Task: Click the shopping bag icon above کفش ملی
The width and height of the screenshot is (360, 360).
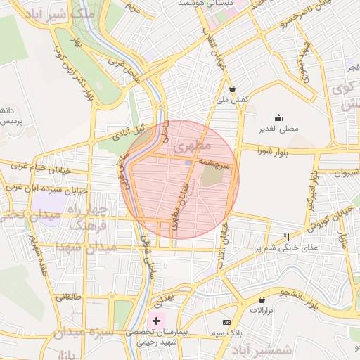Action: [x=233, y=89]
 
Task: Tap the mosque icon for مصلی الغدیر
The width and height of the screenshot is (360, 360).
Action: [x=279, y=117]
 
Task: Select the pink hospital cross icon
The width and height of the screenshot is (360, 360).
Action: [x=156, y=320]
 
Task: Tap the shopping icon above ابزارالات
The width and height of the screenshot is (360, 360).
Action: [x=262, y=300]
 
